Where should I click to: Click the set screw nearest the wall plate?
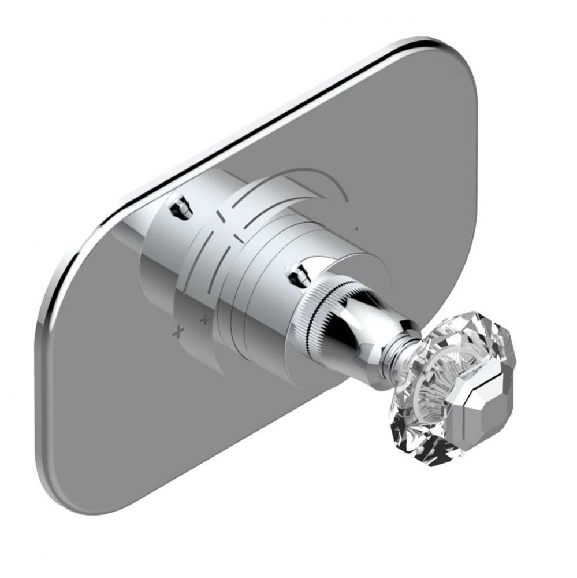[181, 206]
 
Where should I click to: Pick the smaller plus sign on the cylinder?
[204, 319]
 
